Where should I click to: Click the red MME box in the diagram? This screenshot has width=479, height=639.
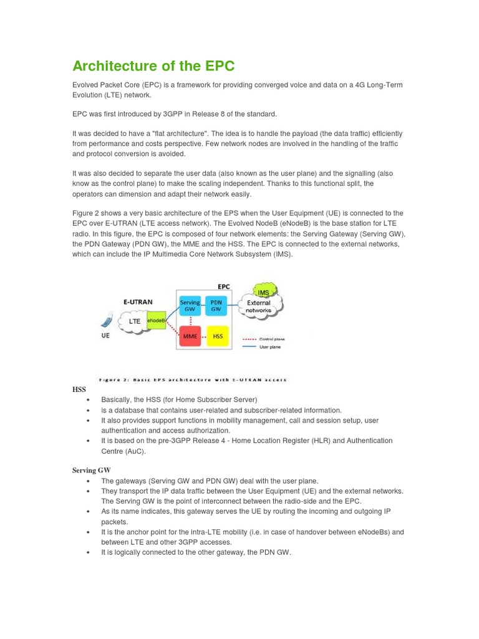click(190, 336)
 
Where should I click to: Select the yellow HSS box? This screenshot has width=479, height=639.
click(218, 336)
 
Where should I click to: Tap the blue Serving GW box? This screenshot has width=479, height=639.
click(190, 306)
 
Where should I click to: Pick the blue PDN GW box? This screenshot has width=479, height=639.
click(216, 306)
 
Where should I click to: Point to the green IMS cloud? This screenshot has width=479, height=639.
click(263, 291)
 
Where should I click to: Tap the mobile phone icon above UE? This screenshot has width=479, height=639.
click(105, 322)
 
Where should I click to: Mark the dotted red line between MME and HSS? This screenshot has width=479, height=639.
click(203, 336)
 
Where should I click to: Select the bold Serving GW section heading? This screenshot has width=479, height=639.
click(91, 470)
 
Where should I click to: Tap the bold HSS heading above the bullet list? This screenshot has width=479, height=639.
click(79, 389)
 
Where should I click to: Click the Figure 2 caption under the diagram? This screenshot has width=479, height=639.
click(193, 379)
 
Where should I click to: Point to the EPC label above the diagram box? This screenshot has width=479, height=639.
click(223, 286)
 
